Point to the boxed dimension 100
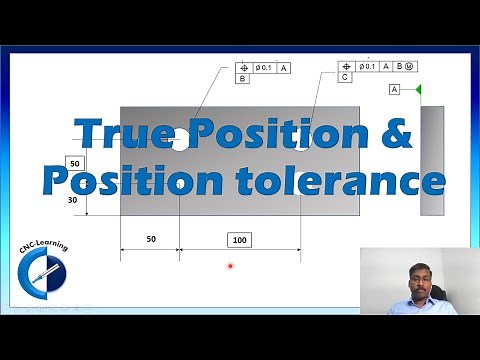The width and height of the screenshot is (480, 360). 239,240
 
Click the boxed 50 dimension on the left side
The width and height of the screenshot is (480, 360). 75,163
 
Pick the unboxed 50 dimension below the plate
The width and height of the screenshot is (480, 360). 150,240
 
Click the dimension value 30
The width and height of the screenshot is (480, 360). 72,200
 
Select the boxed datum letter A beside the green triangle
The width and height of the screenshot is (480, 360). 395,90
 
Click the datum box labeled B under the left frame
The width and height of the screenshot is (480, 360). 243,78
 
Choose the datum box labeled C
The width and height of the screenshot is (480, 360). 345,77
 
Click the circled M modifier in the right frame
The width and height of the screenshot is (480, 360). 411,66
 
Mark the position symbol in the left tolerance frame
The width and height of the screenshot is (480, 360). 243,67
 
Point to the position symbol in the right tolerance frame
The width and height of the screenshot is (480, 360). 345,66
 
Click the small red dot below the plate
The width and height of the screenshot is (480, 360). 230,266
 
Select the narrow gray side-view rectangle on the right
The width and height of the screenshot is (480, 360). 432,161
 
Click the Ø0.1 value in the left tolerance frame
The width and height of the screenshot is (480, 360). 265,67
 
